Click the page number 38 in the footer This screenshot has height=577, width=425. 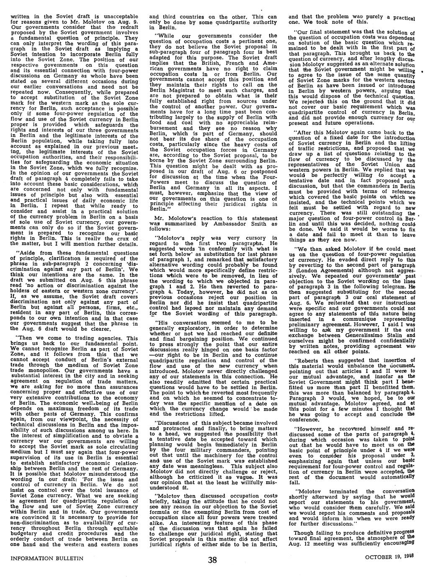pos(213,560)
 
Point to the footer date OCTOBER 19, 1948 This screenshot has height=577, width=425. pos(389,557)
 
